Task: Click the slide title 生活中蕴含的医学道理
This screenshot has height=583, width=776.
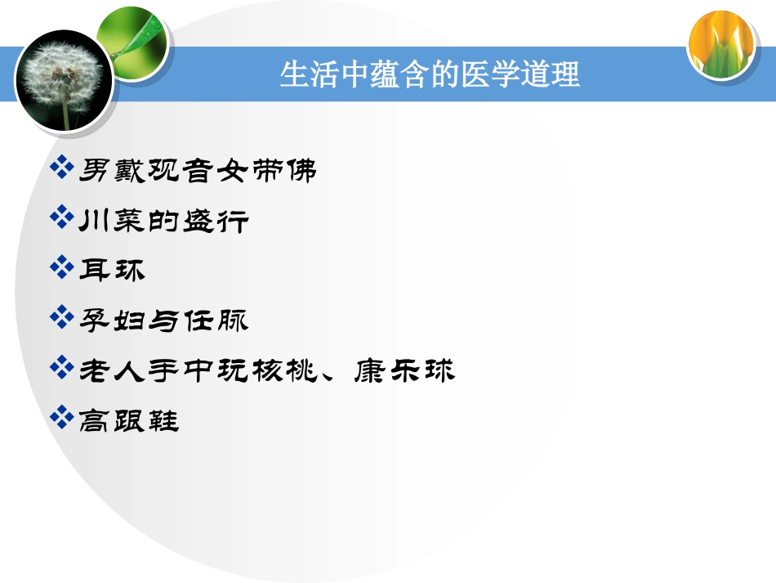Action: click(430, 74)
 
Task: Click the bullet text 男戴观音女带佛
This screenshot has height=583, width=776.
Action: click(197, 171)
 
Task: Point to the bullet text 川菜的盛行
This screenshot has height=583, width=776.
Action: click(163, 221)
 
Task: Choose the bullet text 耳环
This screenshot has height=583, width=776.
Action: click(112, 271)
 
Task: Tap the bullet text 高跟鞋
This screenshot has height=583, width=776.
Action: click(129, 421)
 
